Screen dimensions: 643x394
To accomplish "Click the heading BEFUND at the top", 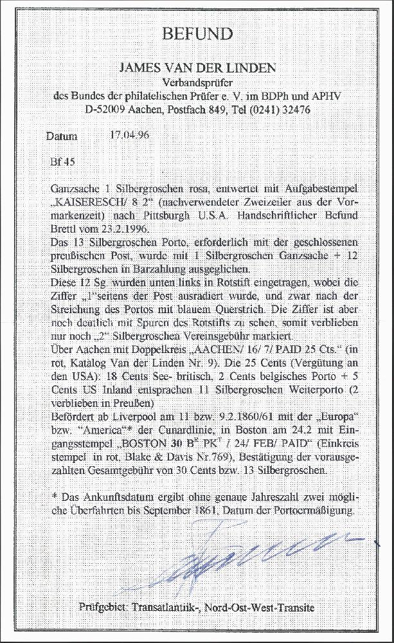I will coord(197,33).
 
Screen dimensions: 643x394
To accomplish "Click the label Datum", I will coord(62,136).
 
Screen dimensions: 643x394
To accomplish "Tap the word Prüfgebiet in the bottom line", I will coord(103,607).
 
